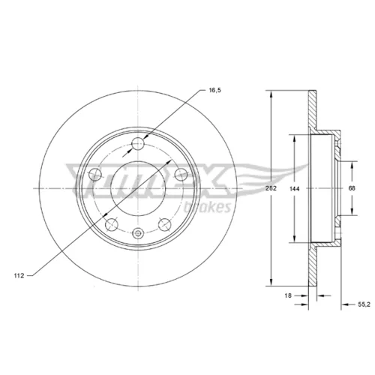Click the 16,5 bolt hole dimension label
pyautogui.click(x=215, y=90)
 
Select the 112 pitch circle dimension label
pyautogui.click(x=19, y=276)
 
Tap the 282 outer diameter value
pyautogui.click(x=271, y=188)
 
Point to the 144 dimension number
pyautogui.click(x=295, y=189)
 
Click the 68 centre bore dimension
pyautogui.click(x=352, y=188)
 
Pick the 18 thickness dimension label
pyautogui.click(x=288, y=295)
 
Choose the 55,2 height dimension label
pyautogui.click(x=364, y=304)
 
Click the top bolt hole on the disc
pyautogui.click(x=138, y=143)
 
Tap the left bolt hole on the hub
pyautogui.click(x=95, y=175)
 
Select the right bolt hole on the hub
pyautogui.click(x=181, y=174)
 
